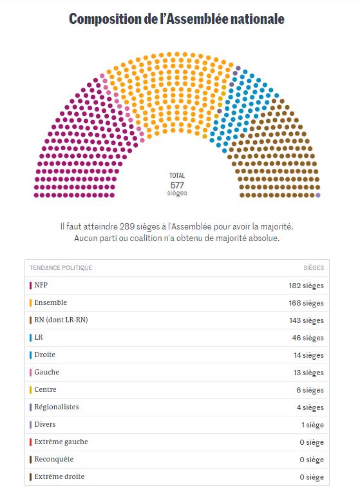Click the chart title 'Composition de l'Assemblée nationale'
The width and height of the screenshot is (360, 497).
[176, 19]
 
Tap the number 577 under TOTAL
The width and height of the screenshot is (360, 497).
[177, 185]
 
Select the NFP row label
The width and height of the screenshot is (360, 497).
[41, 285]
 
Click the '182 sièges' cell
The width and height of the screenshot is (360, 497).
[306, 286]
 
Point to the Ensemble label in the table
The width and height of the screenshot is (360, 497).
[51, 302]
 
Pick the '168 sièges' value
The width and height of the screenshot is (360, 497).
[306, 303]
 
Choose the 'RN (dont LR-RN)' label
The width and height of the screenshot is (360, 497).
[61, 320]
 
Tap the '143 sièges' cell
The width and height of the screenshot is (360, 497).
[306, 320]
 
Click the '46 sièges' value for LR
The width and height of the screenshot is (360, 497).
[308, 338]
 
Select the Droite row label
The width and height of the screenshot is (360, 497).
[44, 355]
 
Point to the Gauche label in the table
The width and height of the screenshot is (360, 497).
[46, 372]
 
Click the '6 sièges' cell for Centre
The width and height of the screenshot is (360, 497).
[310, 390]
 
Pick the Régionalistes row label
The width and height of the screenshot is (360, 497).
[57, 407]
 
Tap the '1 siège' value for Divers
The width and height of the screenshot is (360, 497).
[312, 425]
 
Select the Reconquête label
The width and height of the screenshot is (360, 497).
[54, 459]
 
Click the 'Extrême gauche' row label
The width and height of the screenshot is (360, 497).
[61, 442]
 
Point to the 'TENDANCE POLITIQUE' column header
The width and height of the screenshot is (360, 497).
[61, 268]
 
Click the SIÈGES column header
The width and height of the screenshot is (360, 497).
[314, 268]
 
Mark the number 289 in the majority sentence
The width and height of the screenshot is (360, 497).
[127, 227]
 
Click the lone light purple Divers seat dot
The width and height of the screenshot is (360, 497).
[318, 195]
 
